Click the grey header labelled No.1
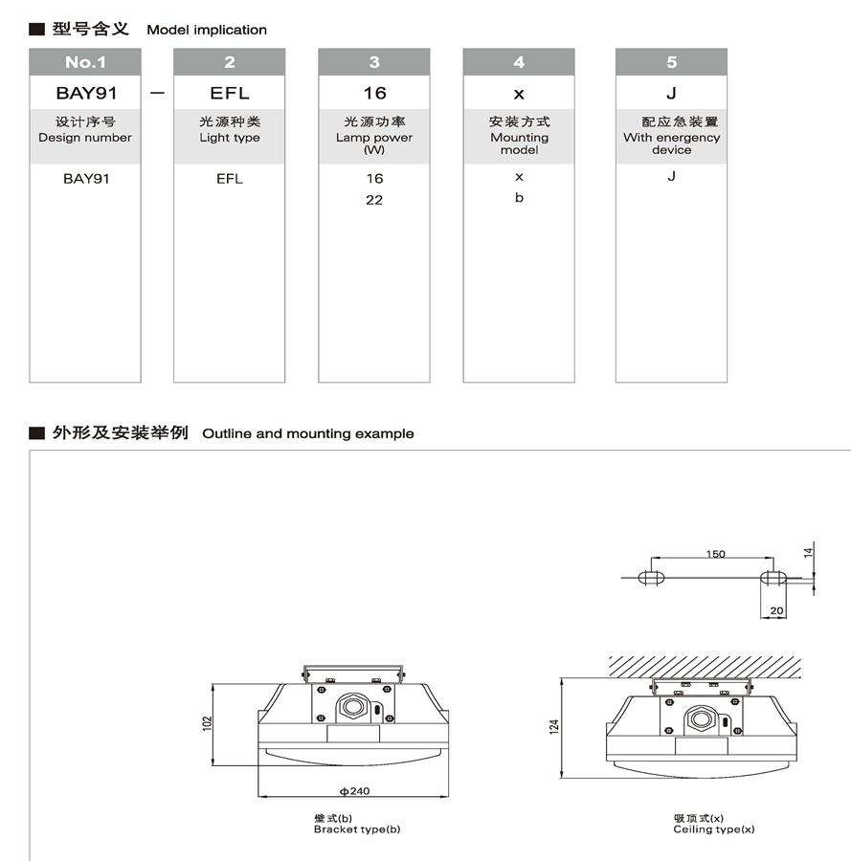(85, 62)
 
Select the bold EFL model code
(229, 93)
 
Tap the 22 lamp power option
(373, 200)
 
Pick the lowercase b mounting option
(519, 198)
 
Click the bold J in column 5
(671, 93)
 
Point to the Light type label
(229, 138)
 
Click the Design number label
(85, 138)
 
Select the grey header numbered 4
(519, 62)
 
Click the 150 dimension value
(715, 554)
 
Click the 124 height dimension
(554, 726)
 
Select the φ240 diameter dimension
(354, 791)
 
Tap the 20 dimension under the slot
(775, 610)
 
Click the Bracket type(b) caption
(357, 828)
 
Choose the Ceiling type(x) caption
(713, 828)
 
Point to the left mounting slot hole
(651, 577)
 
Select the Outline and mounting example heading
(308, 433)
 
